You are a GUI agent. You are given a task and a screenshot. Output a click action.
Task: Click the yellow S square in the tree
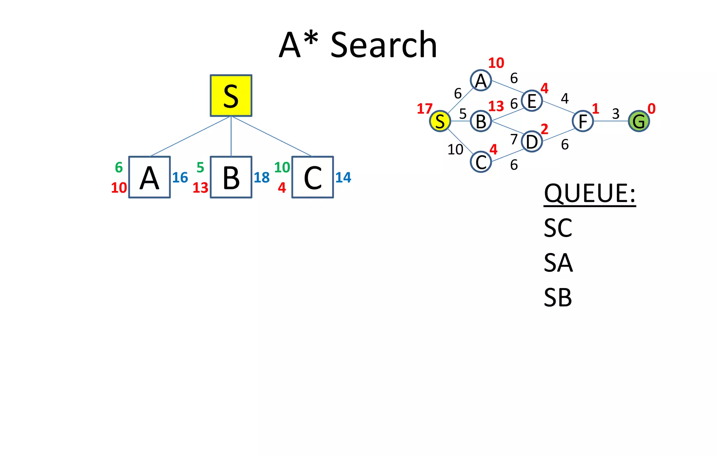[231, 96]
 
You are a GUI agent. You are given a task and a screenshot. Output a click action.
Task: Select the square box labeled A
[149, 177]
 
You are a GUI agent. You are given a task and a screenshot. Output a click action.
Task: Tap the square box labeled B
[231, 177]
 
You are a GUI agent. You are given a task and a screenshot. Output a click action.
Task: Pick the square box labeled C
[312, 177]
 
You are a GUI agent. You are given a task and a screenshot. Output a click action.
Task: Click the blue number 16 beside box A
[180, 178]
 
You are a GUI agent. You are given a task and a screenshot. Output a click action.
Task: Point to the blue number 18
[262, 178]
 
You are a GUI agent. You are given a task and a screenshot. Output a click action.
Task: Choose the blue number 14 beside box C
[343, 178]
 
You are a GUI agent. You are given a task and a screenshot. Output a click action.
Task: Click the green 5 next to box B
[200, 168]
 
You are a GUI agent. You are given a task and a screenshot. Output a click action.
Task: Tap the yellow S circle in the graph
[440, 121]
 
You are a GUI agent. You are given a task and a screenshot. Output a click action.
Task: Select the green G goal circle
[639, 121]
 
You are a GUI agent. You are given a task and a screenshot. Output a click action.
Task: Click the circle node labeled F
[583, 121]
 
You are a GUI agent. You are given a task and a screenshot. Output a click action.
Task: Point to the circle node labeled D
[531, 142]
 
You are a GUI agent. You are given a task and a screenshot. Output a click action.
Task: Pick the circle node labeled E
[531, 101]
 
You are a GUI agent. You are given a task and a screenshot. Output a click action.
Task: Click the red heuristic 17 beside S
[425, 109]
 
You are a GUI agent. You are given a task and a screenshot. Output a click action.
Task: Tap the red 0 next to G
[651, 109]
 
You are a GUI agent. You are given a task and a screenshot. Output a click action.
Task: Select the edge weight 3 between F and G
[615, 114]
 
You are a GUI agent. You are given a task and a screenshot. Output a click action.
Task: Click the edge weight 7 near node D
[514, 139]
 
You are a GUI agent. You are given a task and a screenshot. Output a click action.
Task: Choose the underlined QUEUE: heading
[590, 193]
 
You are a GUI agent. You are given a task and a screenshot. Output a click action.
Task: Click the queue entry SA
[558, 263]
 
